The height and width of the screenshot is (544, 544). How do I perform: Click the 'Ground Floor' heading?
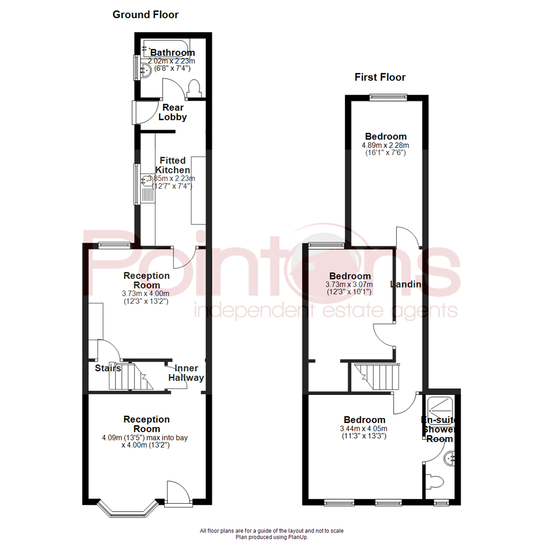click(x=145, y=15)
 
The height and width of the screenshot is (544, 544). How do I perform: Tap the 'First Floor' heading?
click(x=380, y=77)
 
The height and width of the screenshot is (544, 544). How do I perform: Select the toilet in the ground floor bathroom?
click(x=194, y=89)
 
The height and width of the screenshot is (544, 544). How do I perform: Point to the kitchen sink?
click(x=148, y=188)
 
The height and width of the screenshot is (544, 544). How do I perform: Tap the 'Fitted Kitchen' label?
click(x=172, y=165)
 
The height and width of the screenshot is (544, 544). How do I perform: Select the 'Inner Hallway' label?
click(x=186, y=373)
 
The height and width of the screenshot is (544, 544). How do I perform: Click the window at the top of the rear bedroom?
click(x=387, y=98)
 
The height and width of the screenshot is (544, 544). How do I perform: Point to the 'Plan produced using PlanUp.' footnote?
click(x=272, y=537)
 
